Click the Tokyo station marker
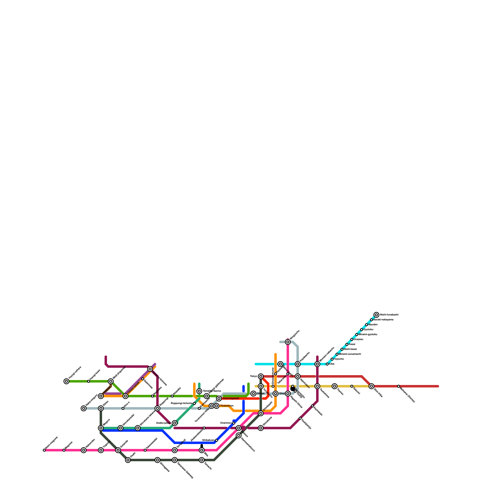(261, 376)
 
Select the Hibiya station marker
(253, 394)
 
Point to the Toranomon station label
(227, 406)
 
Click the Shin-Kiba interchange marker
(371, 386)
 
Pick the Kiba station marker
(327, 364)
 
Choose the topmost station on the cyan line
(376, 315)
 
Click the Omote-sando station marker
(125, 396)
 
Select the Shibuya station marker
(101, 396)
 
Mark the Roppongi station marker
(157, 408)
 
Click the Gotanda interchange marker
(118, 450)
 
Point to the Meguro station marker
(101, 428)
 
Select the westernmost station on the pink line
(44, 450)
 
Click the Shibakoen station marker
(216, 440)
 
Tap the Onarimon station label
(226, 423)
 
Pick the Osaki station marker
(128, 460)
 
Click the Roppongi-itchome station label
(181, 403)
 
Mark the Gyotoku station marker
(362, 330)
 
